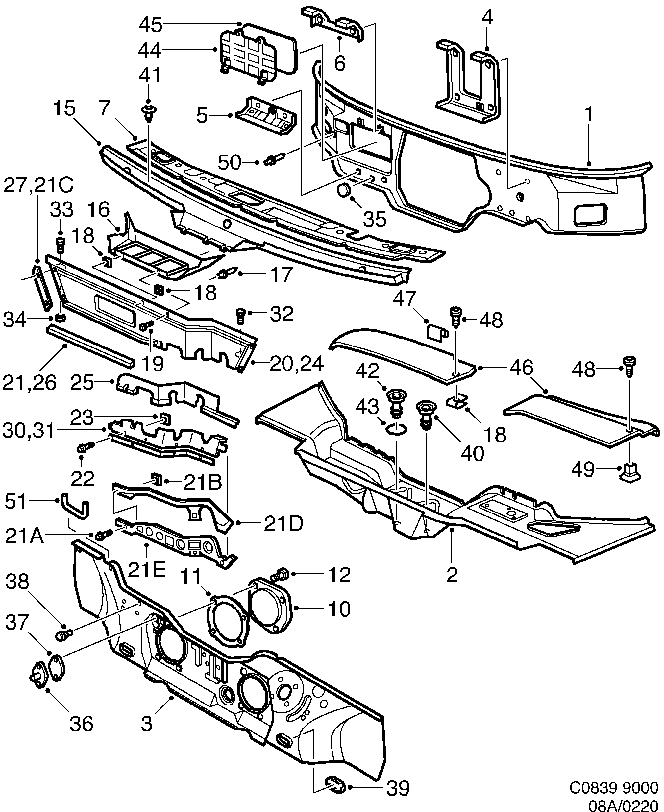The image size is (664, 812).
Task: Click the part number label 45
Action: tap(150, 25)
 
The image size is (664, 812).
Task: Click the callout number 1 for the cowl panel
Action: tap(589, 115)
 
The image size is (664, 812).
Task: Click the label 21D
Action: tap(283, 523)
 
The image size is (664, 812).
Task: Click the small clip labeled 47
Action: tap(434, 332)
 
